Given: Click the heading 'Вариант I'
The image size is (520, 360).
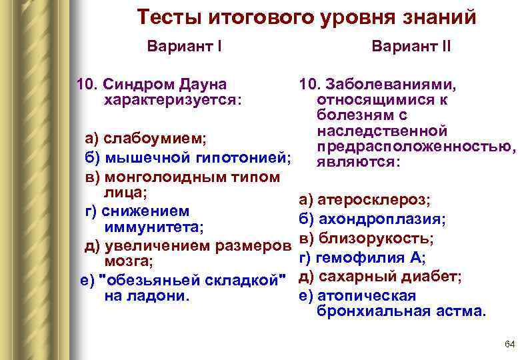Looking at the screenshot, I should point(184,48).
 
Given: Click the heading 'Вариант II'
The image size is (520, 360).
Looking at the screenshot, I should point(411,48).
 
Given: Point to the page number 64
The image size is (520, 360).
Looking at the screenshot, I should point(510,344).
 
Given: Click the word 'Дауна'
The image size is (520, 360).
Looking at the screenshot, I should point(203,85).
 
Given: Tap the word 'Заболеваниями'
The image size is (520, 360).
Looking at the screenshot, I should point(390,85).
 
